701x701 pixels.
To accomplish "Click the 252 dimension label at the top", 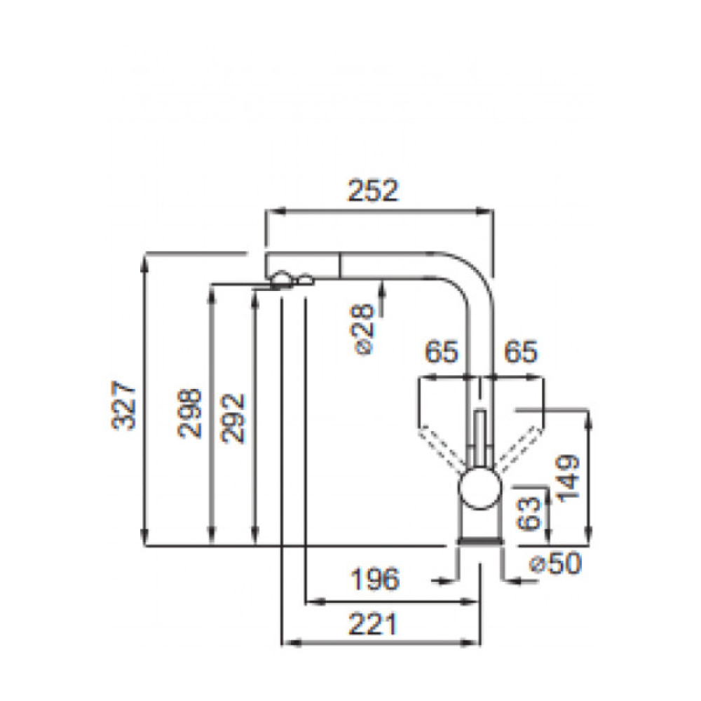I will [x=373, y=191].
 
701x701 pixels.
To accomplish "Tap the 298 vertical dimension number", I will [x=190, y=414].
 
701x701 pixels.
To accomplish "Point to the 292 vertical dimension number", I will [x=233, y=418].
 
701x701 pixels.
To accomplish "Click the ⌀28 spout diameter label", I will [x=365, y=330].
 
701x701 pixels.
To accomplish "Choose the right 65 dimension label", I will [x=520, y=353].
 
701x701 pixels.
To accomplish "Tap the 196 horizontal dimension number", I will [x=374, y=579].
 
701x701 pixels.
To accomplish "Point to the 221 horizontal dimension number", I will [x=373, y=623].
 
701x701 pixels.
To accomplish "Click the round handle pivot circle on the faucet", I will [x=479, y=487].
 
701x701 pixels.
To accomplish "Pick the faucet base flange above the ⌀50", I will [x=479, y=541].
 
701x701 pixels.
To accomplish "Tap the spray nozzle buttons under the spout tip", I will [x=290, y=280].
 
